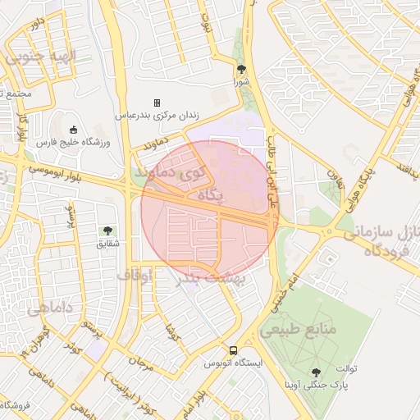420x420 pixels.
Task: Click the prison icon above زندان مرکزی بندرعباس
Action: coord(157,103)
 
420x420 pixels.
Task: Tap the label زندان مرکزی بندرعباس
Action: coord(157,116)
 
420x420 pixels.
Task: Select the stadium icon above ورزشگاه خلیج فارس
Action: coord(73,129)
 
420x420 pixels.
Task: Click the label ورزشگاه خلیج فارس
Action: coord(74,143)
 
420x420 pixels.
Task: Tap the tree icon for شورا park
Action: coord(240,69)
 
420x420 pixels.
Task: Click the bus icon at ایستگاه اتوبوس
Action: coord(234,349)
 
